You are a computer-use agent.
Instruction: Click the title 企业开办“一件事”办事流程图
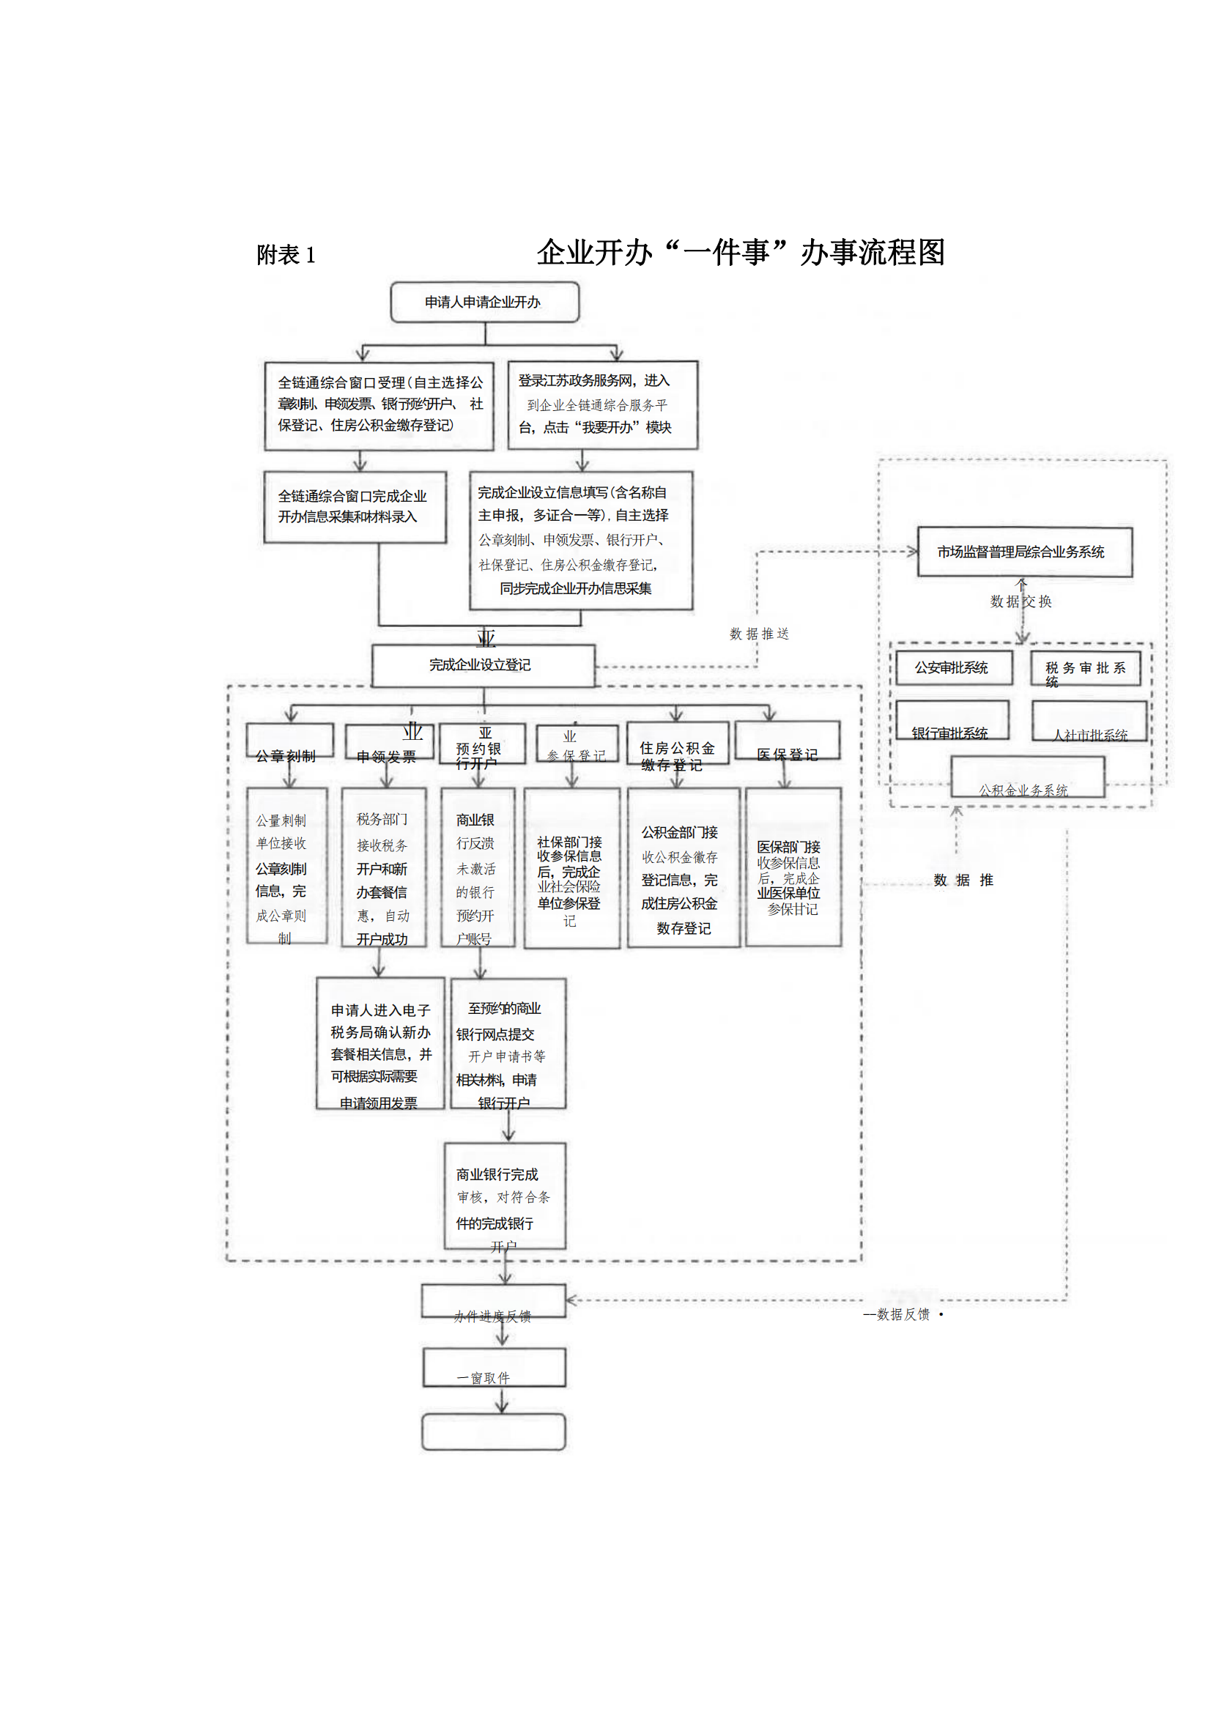pos(741,253)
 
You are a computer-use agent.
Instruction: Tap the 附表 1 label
pos(286,255)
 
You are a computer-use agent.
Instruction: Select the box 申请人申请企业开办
pos(484,302)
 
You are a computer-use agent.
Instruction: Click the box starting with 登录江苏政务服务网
pos(602,405)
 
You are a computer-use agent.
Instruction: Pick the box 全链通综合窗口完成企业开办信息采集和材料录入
pos(355,506)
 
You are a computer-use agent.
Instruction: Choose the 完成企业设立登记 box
pos(484,665)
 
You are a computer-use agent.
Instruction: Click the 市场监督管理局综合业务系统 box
pos(1024,552)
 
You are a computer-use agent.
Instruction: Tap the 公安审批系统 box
pos(953,667)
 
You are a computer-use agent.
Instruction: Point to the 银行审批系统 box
pos(952,720)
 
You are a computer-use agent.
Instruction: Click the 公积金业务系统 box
pos(1027,778)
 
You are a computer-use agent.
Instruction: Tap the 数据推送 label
pos(759,634)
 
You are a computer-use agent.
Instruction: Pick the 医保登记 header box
pos(788,741)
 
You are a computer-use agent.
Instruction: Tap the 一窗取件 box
pos(494,1368)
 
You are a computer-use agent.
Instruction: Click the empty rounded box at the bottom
pos(494,1431)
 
